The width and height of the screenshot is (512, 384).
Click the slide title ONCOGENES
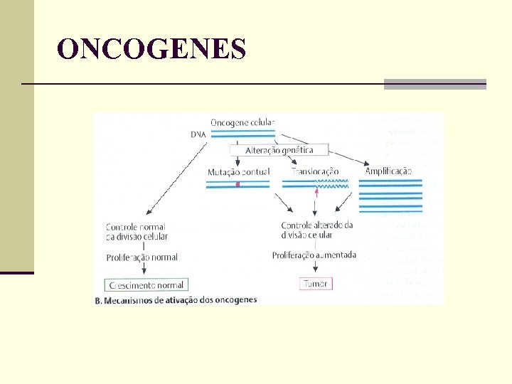point(151,49)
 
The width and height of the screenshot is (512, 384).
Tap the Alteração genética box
point(279,150)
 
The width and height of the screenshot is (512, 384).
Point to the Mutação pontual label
point(238,172)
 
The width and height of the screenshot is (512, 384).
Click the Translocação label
point(315,172)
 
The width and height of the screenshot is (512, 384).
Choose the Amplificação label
point(388,171)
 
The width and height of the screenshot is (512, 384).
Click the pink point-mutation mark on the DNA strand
point(238,184)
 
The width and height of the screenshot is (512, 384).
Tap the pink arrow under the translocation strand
point(316,191)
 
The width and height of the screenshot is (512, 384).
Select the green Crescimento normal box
point(146,285)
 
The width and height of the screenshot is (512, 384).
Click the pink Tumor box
point(315,284)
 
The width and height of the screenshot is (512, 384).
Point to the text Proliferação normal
point(142,257)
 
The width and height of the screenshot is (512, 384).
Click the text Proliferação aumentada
point(314,255)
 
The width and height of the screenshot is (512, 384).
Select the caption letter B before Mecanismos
point(98,301)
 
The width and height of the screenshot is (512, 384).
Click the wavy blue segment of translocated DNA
point(333,182)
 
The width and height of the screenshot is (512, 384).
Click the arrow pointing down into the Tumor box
point(314,270)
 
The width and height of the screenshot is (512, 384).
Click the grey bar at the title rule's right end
point(434,84)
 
